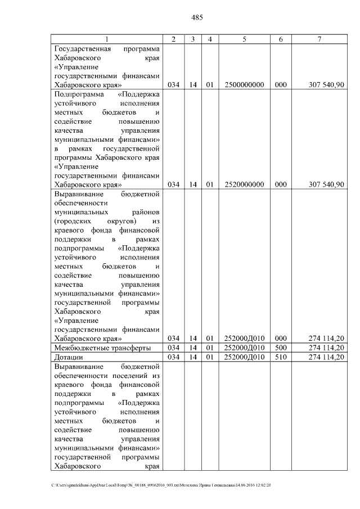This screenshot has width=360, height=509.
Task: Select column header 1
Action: pyautogui.click(x=107, y=39)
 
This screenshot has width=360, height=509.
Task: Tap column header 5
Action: pyautogui.click(x=244, y=39)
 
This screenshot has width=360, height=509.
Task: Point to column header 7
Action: pyautogui.click(x=319, y=39)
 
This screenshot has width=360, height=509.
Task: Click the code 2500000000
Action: pyautogui.click(x=244, y=85)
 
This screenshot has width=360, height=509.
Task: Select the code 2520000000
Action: pyautogui.click(x=244, y=184)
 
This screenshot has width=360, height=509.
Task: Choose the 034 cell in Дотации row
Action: pyautogui.click(x=173, y=358)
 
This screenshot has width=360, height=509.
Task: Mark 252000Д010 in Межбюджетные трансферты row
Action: pyautogui.click(x=244, y=348)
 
